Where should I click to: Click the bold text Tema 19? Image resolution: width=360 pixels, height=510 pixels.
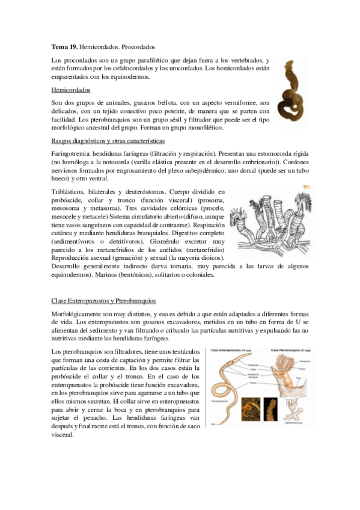click(x=64, y=46)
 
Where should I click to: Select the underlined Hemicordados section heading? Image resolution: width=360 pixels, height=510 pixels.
click(x=72, y=90)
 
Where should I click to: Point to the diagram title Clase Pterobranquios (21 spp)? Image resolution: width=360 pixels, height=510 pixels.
click(x=290, y=351)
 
